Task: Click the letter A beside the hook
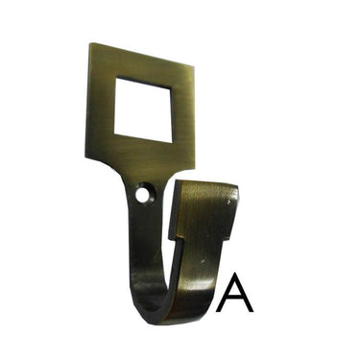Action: coord(234,292)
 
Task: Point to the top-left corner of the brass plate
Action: coord(89,42)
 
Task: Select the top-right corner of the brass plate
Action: coord(194,66)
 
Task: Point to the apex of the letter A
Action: coord(234,274)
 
